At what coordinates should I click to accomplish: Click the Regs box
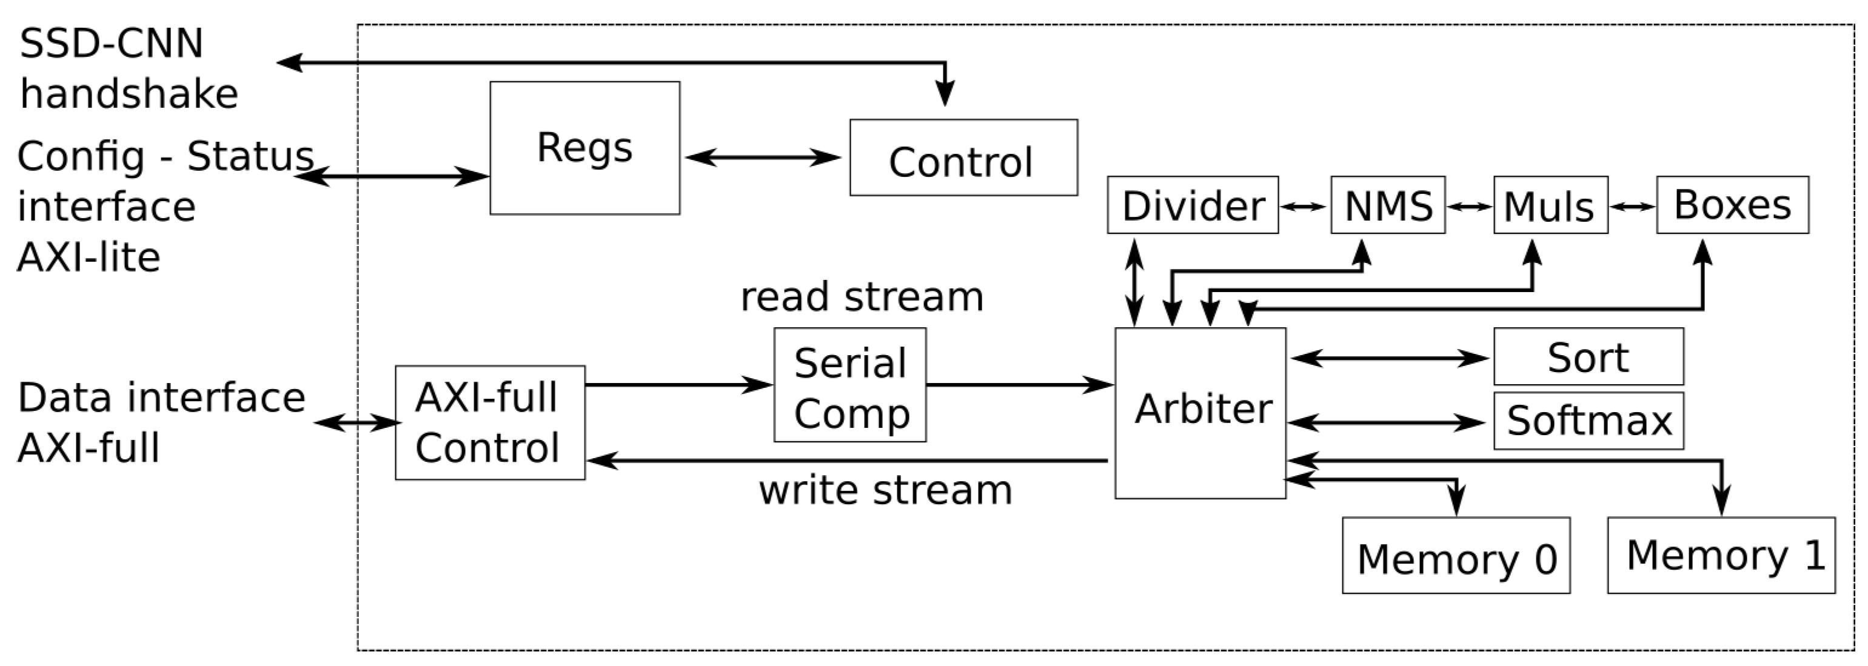click(584, 148)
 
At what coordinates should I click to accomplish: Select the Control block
click(963, 158)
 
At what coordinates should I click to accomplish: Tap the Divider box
click(1192, 205)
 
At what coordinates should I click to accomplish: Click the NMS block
click(1387, 205)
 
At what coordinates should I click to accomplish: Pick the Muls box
click(1550, 205)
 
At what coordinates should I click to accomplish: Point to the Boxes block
click(1732, 205)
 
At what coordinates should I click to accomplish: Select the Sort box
click(1588, 356)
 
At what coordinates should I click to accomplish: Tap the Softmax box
click(1588, 421)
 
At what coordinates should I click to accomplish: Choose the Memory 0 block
click(1455, 556)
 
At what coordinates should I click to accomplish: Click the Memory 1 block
click(1721, 555)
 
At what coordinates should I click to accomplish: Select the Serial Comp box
click(850, 385)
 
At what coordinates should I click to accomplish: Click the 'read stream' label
click(862, 297)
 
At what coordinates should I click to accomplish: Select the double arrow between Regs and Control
click(763, 158)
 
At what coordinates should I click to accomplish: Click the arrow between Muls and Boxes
click(1632, 207)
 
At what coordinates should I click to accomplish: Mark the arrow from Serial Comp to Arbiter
click(1019, 385)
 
